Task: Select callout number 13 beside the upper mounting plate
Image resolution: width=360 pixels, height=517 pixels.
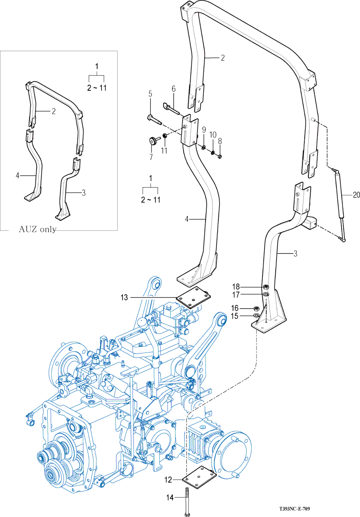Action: (x=124, y=297)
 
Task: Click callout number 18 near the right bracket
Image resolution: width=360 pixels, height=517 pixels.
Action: (x=236, y=287)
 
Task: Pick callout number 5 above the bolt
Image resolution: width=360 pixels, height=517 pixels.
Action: (x=151, y=94)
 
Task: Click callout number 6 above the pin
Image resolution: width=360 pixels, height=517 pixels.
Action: (x=174, y=88)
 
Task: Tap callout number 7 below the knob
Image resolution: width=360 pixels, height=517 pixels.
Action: (x=151, y=157)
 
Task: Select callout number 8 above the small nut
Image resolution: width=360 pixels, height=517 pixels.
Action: (x=220, y=141)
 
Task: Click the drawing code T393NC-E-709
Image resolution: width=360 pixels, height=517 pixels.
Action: (x=295, y=509)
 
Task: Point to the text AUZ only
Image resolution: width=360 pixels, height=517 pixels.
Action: (x=37, y=230)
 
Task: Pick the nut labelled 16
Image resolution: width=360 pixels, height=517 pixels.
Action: (x=256, y=308)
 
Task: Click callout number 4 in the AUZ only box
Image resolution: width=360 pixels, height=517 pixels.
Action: (x=18, y=175)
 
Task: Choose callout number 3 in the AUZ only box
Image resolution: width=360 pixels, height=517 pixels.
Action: (x=83, y=193)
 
